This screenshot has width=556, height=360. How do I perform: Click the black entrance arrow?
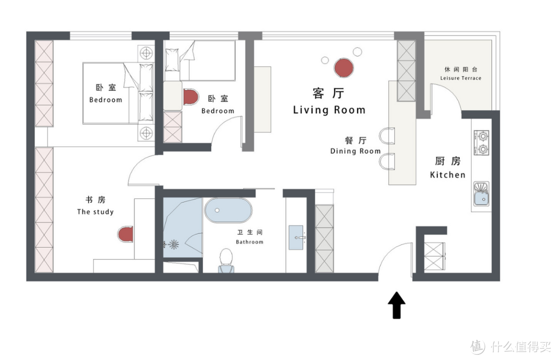[x=396, y=305]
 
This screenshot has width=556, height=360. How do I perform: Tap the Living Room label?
[x=329, y=110]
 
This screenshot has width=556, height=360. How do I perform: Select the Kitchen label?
[x=447, y=175]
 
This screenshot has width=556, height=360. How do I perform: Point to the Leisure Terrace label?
[x=461, y=78]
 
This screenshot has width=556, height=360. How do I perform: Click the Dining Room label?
[x=355, y=151]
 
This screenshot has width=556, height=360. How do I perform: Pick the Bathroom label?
[x=250, y=242]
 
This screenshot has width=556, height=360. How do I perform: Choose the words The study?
[x=95, y=212]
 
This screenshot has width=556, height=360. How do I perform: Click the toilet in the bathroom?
[x=226, y=260]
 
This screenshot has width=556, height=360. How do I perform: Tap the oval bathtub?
[x=229, y=210]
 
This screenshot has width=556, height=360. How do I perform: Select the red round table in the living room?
[x=343, y=68]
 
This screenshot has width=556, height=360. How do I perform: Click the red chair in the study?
[x=125, y=234]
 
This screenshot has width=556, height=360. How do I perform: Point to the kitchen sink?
[x=481, y=194]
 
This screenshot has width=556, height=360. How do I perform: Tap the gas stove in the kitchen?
[x=481, y=143]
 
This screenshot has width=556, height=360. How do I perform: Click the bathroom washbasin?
[x=297, y=237]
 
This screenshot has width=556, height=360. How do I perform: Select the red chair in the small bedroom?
[x=190, y=97]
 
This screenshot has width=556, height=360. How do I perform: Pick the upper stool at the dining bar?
[x=387, y=136]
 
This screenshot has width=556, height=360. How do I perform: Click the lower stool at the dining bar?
[x=387, y=161]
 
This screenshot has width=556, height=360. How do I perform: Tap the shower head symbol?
[x=173, y=244]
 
